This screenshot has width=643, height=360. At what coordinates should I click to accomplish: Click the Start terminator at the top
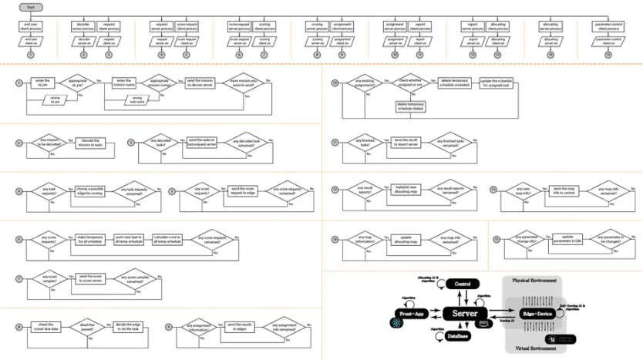tap(31, 7)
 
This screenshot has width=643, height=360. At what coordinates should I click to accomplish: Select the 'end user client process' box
tap(31, 26)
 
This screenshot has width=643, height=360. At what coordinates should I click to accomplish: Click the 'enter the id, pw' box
tap(42, 82)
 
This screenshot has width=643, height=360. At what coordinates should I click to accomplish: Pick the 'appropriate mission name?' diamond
tap(159, 82)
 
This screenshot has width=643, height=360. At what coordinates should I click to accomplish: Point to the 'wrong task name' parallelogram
tap(136, 99)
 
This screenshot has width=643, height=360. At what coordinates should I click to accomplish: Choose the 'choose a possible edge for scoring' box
tap(89, 190)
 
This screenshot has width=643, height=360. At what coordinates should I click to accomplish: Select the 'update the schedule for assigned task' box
tap(493, 82)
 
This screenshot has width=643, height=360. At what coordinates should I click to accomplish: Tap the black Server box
tap(463, 314)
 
